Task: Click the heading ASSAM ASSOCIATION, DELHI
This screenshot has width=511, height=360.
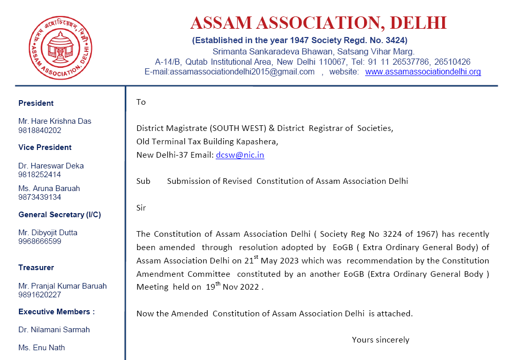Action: (x=318, y=23)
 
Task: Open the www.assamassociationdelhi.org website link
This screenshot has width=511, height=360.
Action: (x=423, y=72)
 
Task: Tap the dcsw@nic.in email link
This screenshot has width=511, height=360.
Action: (x=240, y=155)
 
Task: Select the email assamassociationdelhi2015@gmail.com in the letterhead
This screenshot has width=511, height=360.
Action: (x=230, y=72)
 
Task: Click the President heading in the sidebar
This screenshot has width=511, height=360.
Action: (x=36, y=103)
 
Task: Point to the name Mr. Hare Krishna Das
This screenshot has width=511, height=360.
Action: (x=55, y=121)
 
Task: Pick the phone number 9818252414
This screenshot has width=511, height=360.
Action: (x=40, y=175)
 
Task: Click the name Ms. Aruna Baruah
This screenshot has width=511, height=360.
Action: (x=49, y=188)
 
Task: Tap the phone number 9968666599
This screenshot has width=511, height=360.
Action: (x=40, y=241)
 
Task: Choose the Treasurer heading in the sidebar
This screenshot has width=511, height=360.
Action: (x=36, y=268)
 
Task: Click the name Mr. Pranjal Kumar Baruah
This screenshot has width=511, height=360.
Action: (x=63, y=286)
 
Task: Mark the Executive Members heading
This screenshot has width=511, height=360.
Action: (x=56, y=312)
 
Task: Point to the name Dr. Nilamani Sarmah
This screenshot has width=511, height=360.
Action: (x=53, y=330)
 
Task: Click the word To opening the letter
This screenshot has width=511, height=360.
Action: (x=141, y=102)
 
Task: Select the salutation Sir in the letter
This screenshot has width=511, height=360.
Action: (x=141, y=208)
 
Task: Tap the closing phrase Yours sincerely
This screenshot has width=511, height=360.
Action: (x=381, y=339)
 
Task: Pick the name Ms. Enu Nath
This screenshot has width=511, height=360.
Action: (x=42, y=348)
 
